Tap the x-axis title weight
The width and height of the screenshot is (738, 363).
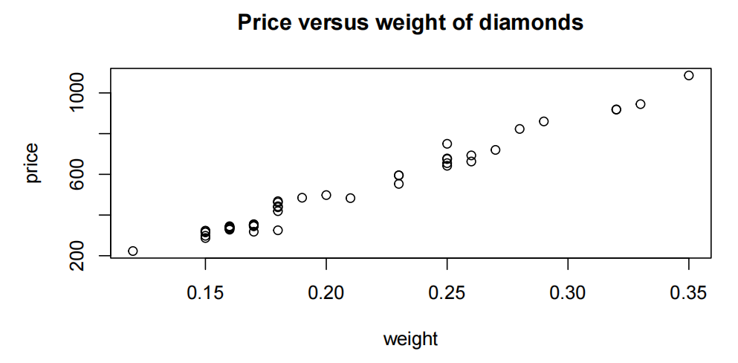click(x=410, y=340)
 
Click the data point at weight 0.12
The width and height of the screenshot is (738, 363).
click(x=133, y=251)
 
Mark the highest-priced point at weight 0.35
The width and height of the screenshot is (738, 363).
click(x=689, y=75)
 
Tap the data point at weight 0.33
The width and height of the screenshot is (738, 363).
click(x=641, y=104)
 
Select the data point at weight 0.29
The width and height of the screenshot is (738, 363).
click(x=544, y=121)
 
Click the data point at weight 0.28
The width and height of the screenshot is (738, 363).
click(x=519, y=129)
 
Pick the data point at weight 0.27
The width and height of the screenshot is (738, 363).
click(x=496, y=150)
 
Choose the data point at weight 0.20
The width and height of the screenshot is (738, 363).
click(x=326, y=195)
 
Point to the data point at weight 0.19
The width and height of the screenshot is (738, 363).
click(x=302, y=198)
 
